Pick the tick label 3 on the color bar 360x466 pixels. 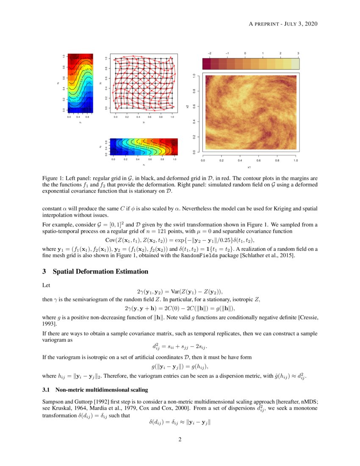click(298, 53)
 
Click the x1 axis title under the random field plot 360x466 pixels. click(249, 168)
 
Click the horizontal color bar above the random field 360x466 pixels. click(251, 64)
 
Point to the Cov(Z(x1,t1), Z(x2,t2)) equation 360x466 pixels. click(180, 240)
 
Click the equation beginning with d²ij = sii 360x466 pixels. click(180, 347)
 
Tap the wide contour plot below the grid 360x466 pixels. click(144, 147)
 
